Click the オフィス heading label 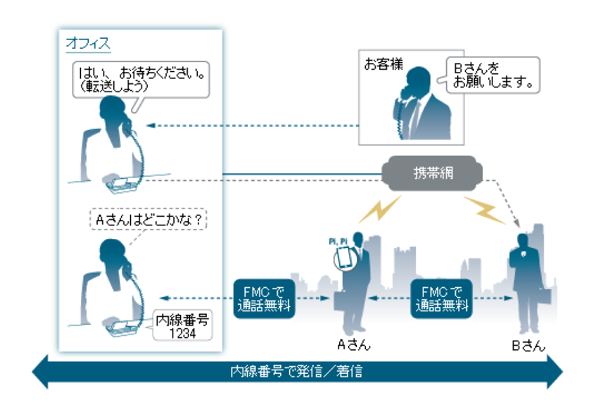click(x=88, y=43)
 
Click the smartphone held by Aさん click(x=344, y=258)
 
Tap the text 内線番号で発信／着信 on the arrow click(x=297, y=372)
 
